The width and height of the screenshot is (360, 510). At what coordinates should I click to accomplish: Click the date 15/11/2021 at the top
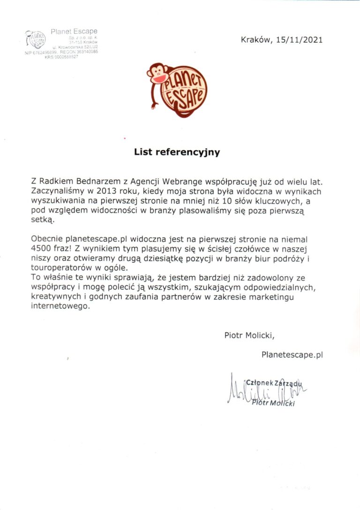[x=299, y=40]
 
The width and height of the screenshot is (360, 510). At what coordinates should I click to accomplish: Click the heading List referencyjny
[x=177, y=152]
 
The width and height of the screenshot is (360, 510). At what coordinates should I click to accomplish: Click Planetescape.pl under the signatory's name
[x=292, y=355]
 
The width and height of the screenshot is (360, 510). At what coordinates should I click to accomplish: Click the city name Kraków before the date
[x=256, y=40]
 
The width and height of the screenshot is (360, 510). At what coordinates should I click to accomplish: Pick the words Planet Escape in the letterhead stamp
[x=74, y=31]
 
